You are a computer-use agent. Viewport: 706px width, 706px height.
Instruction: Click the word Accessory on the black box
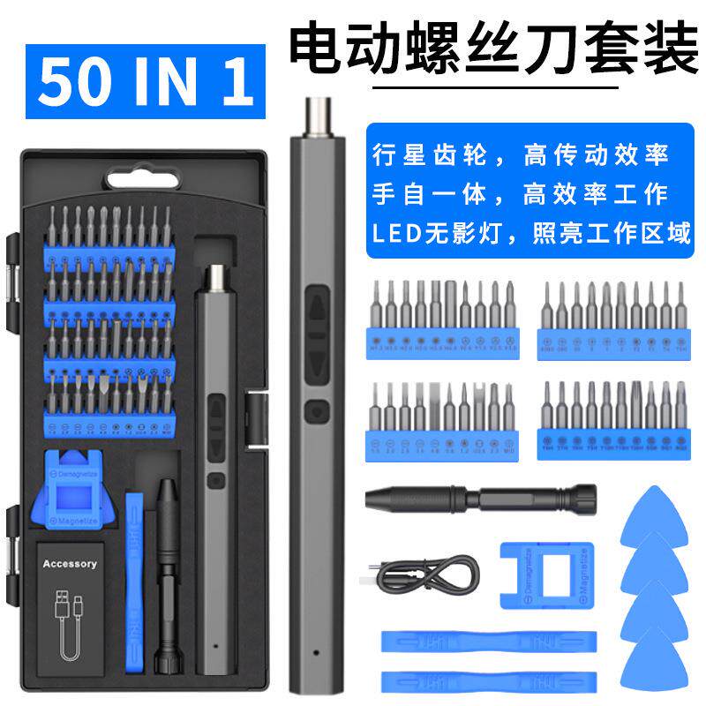[x=70, y=564]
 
